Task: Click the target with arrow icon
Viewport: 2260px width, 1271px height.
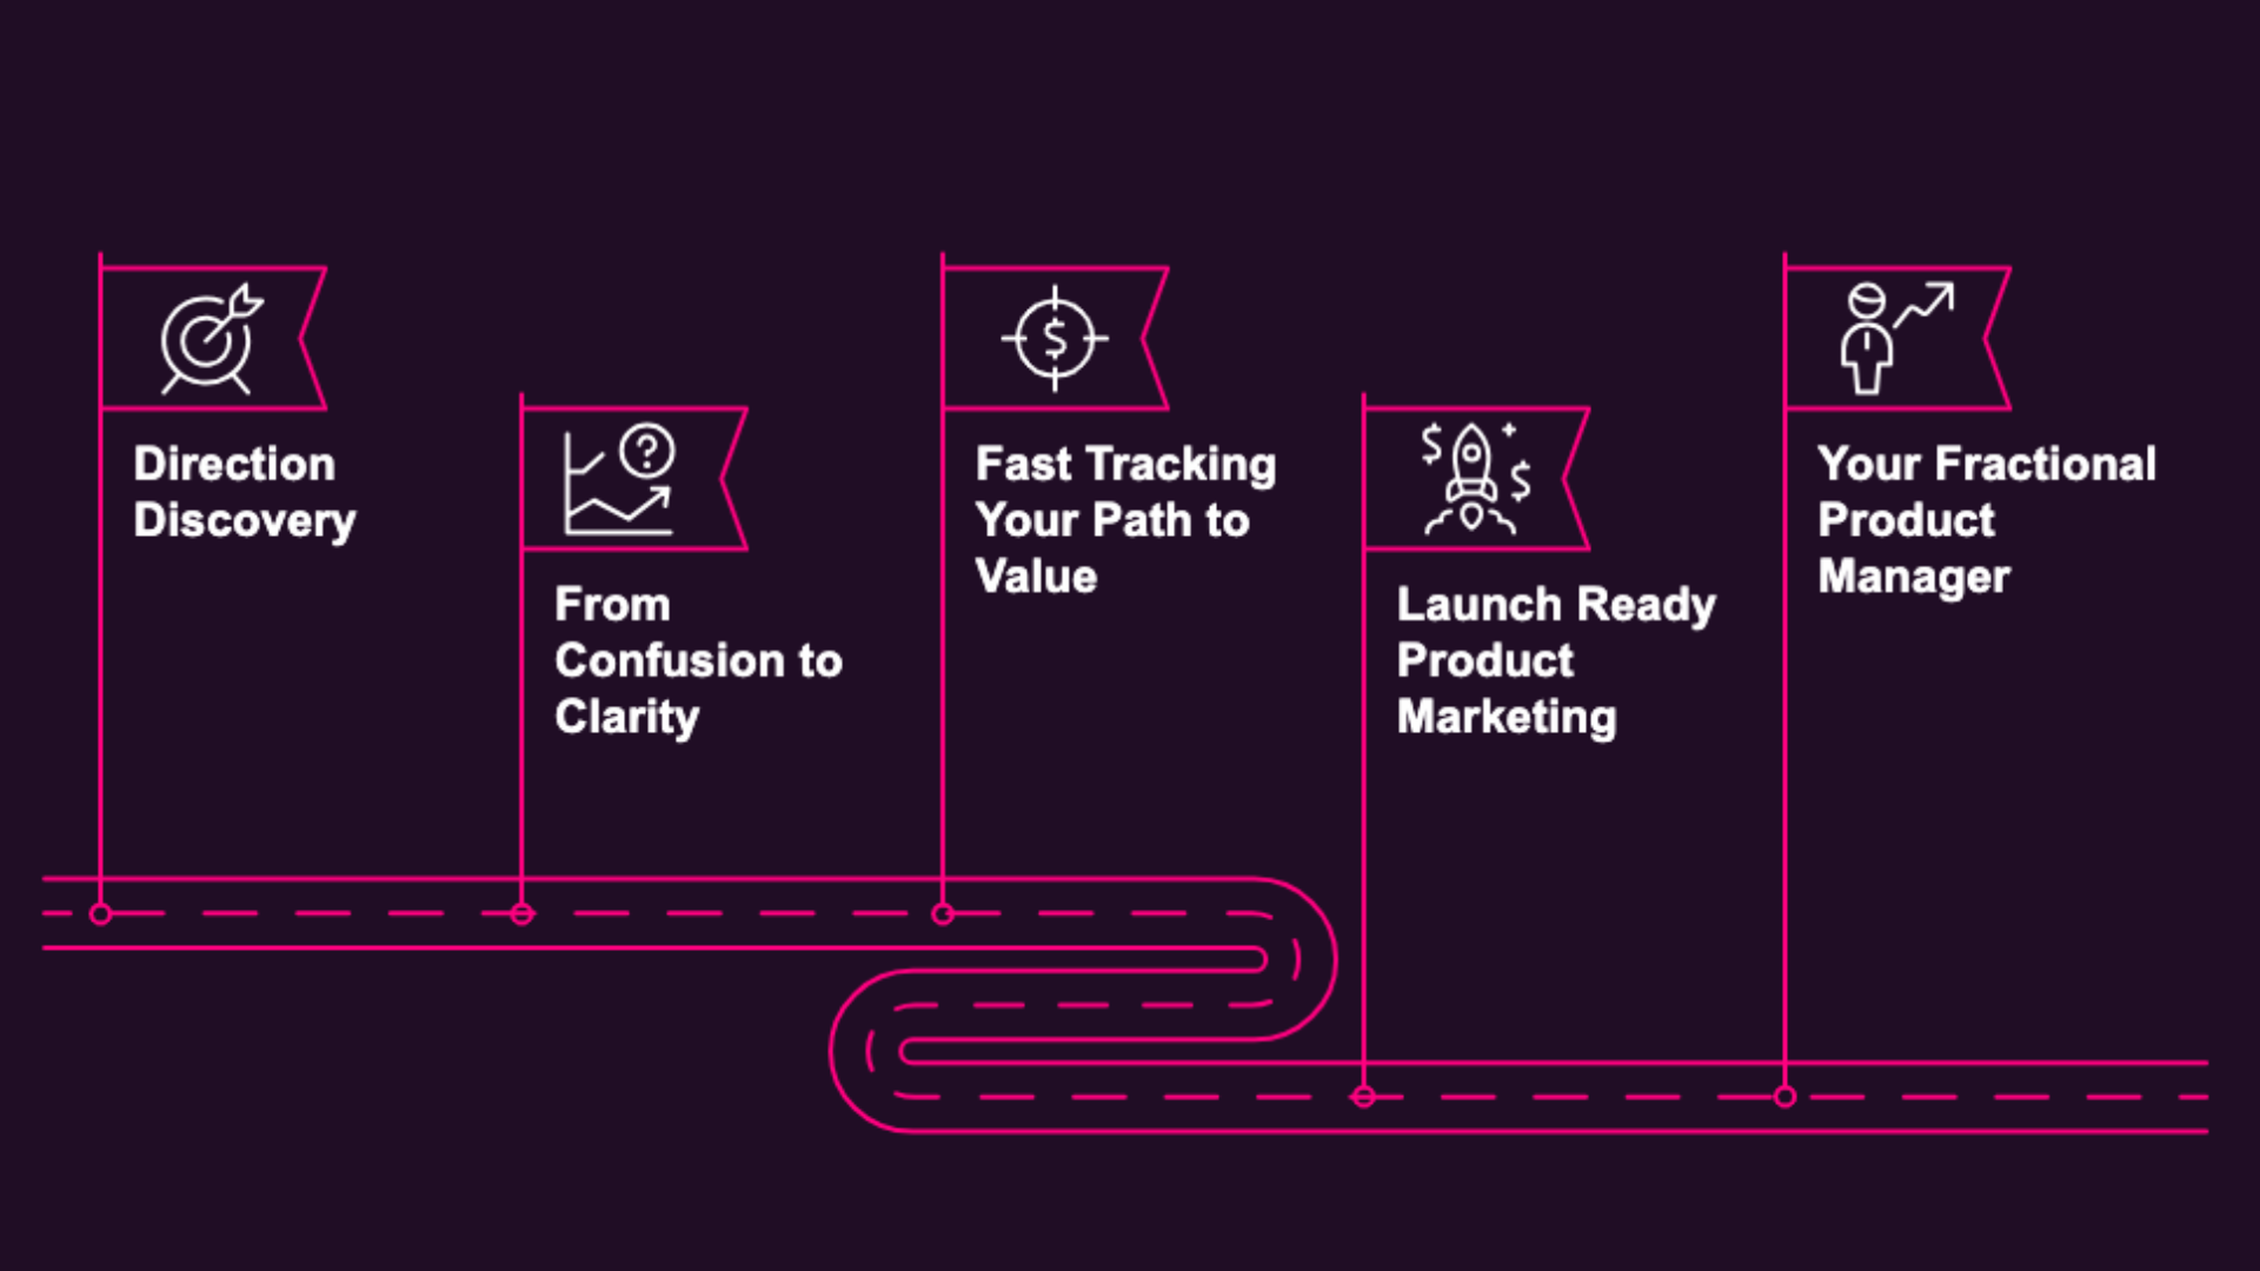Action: [210, 339]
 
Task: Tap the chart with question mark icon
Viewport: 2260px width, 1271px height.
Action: [618, 480]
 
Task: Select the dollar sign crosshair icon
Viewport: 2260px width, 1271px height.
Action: [1055, 339]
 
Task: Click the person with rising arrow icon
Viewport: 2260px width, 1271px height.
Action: [1895, 339]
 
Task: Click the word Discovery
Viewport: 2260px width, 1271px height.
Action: [245, 520]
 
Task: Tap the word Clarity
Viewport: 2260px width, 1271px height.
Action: [626, 718]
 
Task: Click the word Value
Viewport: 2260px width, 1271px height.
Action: [1036, 577]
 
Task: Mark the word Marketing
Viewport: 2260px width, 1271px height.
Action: [1507, 718]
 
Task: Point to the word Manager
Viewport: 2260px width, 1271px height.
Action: [1913, 577]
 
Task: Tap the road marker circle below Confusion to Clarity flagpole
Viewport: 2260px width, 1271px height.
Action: [522, 915]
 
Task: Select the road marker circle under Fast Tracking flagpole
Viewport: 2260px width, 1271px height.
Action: [942, 915]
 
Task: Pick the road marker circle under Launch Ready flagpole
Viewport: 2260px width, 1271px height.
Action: [1363, 1097]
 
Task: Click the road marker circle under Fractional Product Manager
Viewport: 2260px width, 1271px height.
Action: [1784, 1097]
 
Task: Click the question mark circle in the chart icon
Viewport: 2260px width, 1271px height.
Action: [647, 451]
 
